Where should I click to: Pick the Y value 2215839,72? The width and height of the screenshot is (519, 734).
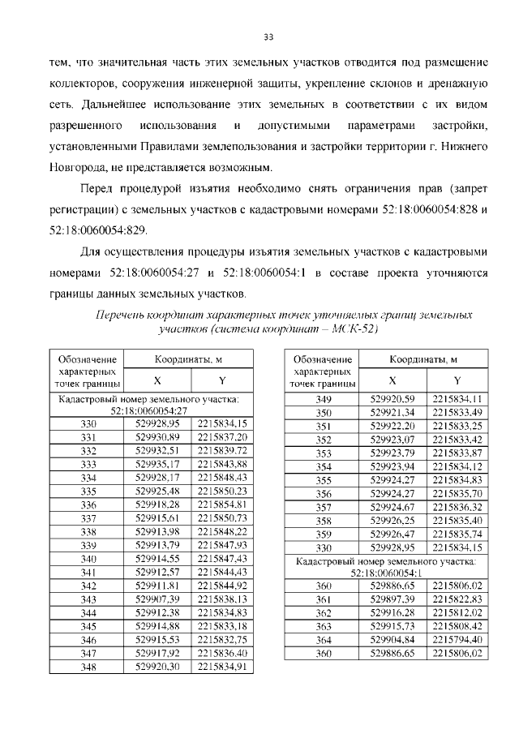click(220, 450)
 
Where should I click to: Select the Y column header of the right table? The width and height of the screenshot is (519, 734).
click(457, 380)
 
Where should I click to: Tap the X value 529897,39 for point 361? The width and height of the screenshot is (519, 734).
click(392, 599)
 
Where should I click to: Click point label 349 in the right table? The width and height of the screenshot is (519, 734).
click(324, 399)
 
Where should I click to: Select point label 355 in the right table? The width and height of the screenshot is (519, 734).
click(324, 479)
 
